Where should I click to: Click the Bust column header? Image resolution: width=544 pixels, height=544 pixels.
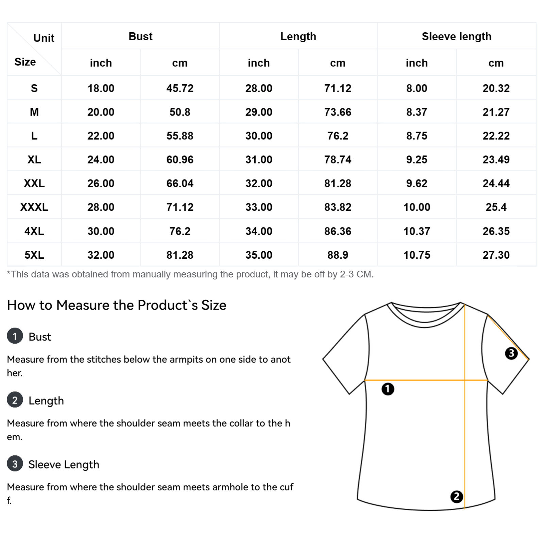[x=140, y=36]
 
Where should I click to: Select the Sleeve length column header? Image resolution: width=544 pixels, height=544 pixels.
[x=456, y=36]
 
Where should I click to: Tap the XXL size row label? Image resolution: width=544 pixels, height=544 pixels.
[x=34, y=184]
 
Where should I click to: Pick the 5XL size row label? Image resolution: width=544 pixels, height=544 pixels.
[x=34, y=255]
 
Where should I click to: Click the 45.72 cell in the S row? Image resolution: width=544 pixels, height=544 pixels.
[x=180, y=88]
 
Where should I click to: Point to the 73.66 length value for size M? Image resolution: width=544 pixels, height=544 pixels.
[x=338, y=112]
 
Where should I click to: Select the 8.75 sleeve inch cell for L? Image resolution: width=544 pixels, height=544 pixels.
[x=417, y=136]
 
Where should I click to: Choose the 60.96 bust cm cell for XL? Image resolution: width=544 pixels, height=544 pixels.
[x=180, y=160]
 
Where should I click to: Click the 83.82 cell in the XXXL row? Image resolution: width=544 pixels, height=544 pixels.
[x=338, y=207]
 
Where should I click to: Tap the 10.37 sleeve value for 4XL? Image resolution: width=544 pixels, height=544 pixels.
[x=417, y=231]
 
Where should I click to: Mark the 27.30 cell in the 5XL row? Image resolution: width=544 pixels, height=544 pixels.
[x=496, y=255]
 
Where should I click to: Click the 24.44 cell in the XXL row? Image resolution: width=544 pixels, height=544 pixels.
[x=496, y=184]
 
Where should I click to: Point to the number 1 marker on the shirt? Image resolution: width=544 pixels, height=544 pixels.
[x=388, y=389]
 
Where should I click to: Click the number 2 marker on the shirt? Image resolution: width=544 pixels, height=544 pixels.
[x=457, y=497]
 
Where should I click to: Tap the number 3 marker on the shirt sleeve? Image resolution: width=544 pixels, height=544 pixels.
[x=511, y=353]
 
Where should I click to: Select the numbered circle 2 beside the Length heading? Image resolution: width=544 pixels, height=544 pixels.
[x=15, y=400]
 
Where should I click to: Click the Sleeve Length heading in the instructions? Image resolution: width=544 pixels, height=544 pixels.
[x=64, y=464]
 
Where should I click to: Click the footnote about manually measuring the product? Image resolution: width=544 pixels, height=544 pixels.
[x=190, y=274]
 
